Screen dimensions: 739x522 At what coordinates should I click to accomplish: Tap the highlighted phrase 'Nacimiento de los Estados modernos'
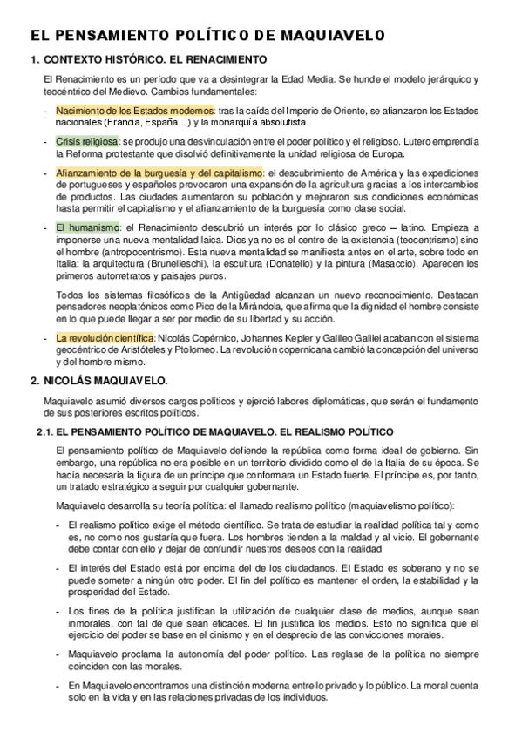pos(135,111)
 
